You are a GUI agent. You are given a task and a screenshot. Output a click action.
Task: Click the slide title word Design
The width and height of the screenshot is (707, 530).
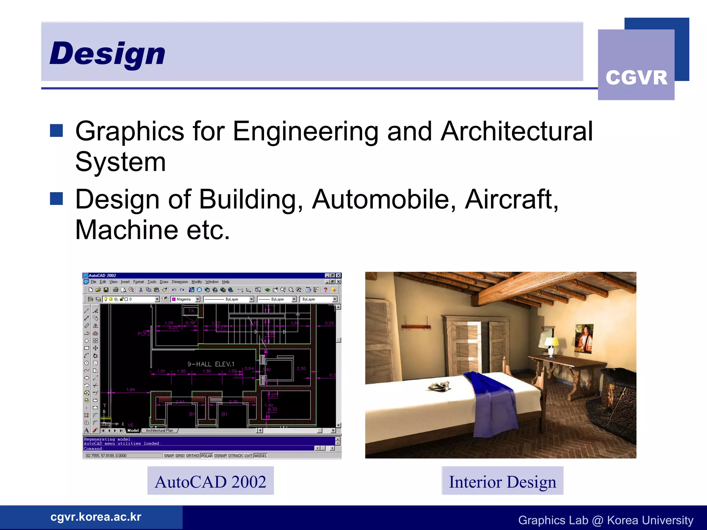107,53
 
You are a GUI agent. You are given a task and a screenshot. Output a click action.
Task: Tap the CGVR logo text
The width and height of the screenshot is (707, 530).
636,78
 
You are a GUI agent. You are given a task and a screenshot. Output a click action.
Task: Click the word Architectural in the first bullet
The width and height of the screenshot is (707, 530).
516,131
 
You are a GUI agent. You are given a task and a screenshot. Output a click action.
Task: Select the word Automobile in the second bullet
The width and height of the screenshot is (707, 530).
384,199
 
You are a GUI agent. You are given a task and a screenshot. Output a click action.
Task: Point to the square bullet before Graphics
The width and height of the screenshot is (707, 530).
56,131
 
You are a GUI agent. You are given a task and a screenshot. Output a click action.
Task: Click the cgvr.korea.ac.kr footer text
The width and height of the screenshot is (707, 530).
96,517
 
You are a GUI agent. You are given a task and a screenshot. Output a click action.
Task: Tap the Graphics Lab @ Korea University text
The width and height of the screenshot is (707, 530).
606,520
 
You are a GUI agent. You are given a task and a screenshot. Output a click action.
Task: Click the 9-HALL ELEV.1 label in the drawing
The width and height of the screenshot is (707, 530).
211,364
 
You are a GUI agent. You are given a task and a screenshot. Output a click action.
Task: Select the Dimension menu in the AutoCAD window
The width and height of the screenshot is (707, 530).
180,282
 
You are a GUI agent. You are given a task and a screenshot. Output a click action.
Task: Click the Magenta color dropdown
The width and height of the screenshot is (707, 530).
186,299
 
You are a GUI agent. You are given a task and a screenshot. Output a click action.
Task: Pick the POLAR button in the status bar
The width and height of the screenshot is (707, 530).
206,456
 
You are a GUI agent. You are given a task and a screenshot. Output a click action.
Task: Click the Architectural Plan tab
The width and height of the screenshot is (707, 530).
159,431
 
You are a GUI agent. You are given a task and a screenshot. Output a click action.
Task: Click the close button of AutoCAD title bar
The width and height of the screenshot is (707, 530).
339,275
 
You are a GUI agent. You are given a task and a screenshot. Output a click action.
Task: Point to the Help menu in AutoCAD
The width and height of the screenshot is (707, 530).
225,282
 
